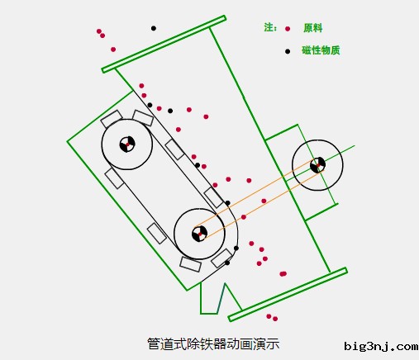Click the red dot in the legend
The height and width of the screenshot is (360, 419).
point(288,28)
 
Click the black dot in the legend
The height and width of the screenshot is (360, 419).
point(288,51)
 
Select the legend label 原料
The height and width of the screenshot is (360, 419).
point(313,27)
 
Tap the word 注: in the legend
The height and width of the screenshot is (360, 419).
point(269,27)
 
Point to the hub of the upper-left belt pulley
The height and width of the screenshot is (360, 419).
point(126,144)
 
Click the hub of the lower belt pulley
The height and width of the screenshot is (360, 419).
point(199,233)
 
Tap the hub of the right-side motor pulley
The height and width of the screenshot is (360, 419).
point(318,165)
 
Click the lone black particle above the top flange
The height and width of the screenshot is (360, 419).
point(153,28)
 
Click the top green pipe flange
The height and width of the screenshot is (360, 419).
point(164,44)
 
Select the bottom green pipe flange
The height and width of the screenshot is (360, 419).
point(287,294)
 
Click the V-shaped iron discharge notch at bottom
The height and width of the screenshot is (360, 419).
point(213,299)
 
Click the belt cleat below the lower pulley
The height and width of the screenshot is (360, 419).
point(190,265)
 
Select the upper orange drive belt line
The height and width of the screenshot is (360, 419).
point(256,194)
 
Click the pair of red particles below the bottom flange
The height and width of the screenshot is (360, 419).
point(272,317)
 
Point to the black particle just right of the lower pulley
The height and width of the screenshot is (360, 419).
point(236,248)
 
